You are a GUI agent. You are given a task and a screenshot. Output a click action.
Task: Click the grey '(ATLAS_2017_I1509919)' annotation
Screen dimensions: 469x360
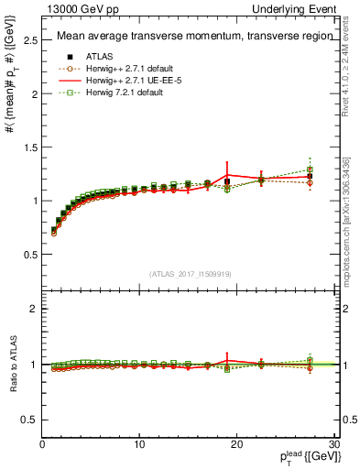(190, 273)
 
